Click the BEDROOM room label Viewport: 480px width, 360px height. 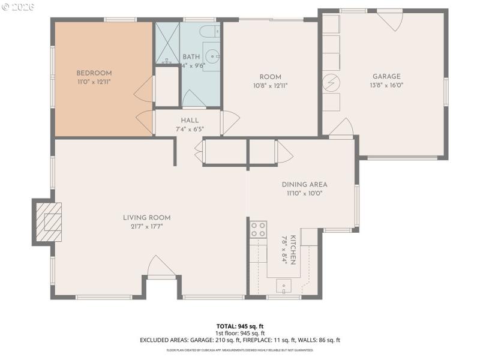[94, 73]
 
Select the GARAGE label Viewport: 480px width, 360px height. [386, 76]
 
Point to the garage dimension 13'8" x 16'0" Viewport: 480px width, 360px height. [386, 85]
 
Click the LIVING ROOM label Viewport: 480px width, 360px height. [146, 217]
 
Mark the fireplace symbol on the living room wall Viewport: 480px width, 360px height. [48, 221]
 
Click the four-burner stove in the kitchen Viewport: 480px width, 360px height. [259, 230]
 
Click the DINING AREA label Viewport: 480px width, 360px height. [304, 185]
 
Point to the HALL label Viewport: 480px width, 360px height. [190, 121]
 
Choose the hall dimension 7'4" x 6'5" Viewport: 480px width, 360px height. [190, 128]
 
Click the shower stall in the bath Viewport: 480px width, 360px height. [167, 42]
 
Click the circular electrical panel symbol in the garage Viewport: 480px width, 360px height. [330, 83]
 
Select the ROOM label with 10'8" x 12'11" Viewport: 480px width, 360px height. [270, 77]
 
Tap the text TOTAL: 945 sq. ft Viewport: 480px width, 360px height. [240, 326]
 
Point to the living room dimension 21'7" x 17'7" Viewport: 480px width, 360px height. [146, 226]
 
